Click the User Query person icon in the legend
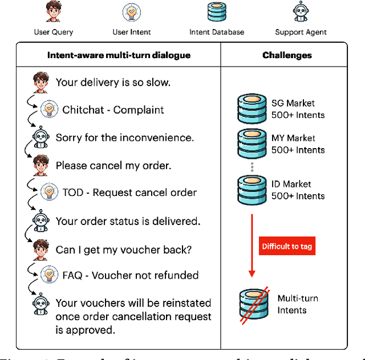53,13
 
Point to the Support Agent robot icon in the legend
300,12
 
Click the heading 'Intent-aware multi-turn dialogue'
118,55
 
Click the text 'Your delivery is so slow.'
112,83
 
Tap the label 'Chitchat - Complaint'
113,110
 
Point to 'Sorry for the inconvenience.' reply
124,137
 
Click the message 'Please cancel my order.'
113,166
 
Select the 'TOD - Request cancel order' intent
129,193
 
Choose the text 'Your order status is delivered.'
128,221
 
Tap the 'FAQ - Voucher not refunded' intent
131,276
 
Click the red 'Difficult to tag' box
287,247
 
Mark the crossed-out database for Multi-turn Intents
253,304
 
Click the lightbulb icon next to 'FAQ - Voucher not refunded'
50,276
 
